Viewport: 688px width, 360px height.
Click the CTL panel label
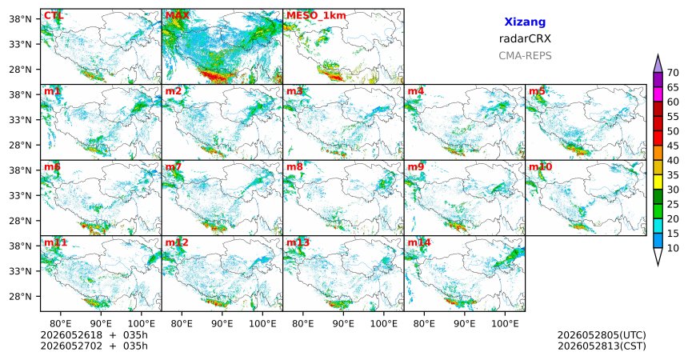(x=54, y=15)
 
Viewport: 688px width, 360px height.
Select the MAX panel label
(x=178, y=15)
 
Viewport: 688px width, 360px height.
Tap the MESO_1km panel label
(x=316, y=16)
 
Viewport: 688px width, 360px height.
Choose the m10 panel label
(x=540, y=167)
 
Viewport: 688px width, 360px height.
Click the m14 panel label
(x=419, y=242)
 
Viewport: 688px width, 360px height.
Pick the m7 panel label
(x=174, y=167)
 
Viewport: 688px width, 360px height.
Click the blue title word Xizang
(x=525, y=22)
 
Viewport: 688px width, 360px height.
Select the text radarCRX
(x=525, y=38)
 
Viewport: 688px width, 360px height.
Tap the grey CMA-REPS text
(x=525, y=56)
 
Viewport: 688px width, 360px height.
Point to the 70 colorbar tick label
(x=673, y=73)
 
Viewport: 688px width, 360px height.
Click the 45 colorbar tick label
(x=673, y=146)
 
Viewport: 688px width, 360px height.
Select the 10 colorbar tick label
(x=673, y=248)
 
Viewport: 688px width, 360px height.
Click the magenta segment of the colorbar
(x=658, y=94)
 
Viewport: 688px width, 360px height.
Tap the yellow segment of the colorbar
(x=658, y=182)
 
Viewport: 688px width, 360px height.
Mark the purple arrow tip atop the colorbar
(x=658, y=55)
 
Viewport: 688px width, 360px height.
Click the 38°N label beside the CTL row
(x=20, y=19)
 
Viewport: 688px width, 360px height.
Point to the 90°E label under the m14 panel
(x=465, y=324)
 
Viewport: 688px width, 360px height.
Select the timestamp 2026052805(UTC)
(x=602, y=335)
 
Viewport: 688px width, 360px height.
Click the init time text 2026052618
(x=71, y=335)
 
